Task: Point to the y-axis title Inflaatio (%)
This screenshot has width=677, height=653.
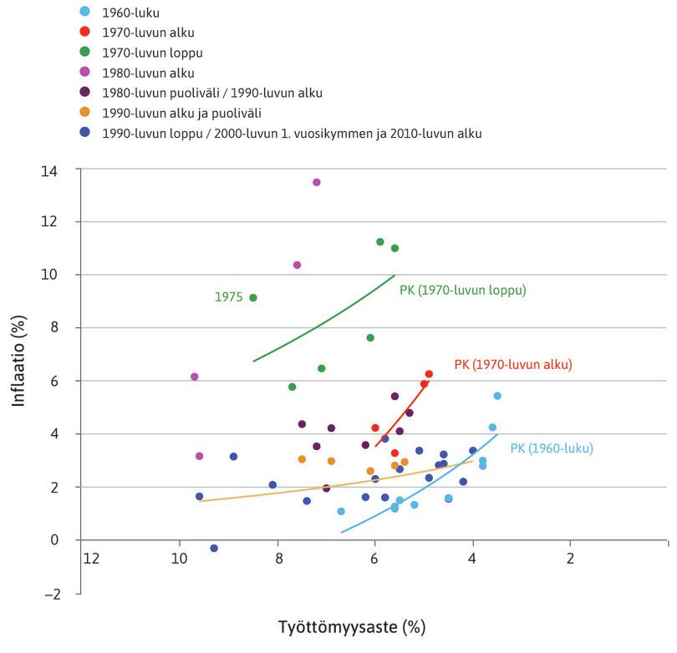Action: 19,366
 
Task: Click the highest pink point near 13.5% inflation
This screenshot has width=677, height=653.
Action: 316,182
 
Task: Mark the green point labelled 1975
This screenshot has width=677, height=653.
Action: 253,297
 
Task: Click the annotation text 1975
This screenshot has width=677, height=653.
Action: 228,297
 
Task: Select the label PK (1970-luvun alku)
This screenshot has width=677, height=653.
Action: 512,365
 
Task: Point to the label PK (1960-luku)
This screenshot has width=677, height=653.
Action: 552,448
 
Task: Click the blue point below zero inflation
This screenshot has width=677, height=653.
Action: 214,548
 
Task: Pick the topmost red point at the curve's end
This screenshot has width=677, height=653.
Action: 429,374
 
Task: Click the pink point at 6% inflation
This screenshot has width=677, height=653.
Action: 195,377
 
